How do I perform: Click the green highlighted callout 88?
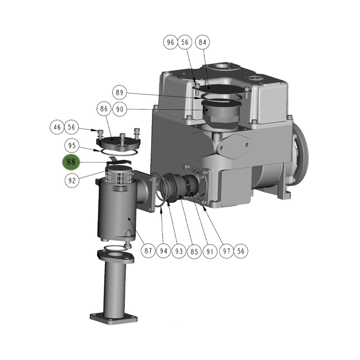71,162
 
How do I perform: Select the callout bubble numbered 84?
202,42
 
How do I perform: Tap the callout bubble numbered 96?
170,42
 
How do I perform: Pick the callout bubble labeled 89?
120,93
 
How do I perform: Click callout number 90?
120,109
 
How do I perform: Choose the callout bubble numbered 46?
57,127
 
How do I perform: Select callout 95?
72,146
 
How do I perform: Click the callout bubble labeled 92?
72,180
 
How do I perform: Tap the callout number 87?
148,251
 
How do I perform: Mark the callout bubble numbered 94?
164,251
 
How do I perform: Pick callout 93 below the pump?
179,251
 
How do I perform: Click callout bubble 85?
194,251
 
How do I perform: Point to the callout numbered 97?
226,251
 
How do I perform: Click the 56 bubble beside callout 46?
72,127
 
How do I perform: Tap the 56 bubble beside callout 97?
241,251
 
